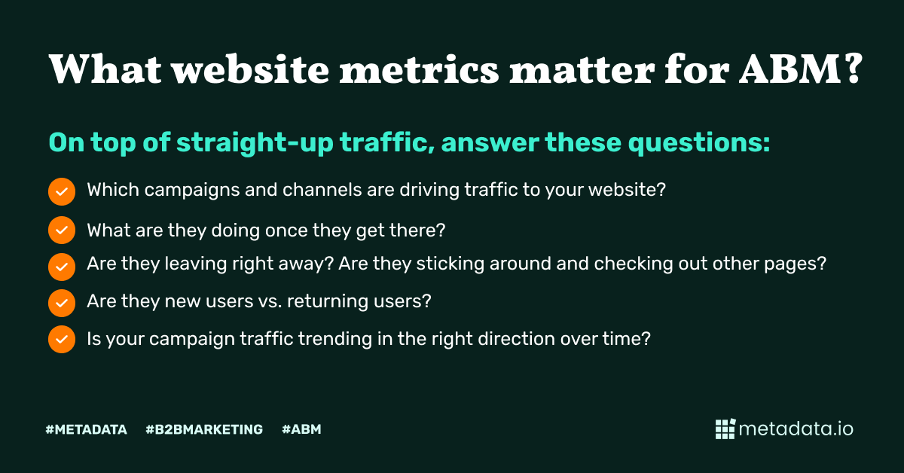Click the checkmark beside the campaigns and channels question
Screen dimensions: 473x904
62,191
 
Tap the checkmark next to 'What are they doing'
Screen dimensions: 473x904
62,230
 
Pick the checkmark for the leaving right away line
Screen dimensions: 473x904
62,266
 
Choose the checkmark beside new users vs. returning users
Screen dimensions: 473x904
62,303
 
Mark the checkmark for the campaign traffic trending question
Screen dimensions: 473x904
62,340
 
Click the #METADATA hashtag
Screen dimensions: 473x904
86,430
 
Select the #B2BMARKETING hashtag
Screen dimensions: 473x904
204,430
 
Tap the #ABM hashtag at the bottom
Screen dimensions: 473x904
301,430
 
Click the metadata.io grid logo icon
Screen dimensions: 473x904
725,429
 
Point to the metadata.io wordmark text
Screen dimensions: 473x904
796,429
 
